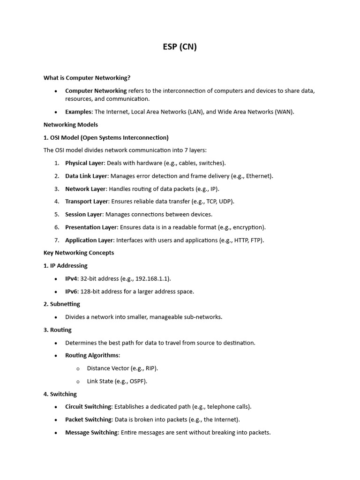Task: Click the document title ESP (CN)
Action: pos(180,47)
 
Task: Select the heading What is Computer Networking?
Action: pos(87,78)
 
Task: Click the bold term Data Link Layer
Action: pos(86,176)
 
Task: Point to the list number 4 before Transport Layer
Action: pos(56,202)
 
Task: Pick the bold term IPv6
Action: pos(71,292)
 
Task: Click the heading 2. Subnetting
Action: pos(62,304)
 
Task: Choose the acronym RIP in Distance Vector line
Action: pos(151,368)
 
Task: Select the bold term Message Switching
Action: pos(91,433)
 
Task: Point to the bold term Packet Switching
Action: pos(88,420)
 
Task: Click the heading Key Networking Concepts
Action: pos(79,253)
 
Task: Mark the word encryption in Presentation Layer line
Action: pos(247,227)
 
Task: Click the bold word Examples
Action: pos(79,112)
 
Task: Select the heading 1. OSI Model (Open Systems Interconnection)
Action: pos(106,138)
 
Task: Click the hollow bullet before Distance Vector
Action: pos(78,369)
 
